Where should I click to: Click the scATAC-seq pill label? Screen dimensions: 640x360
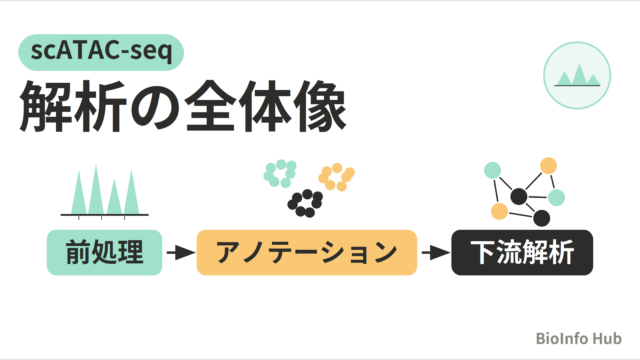(101, 52)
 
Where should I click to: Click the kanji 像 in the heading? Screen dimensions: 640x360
(320, 107)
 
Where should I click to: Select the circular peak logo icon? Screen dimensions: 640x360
(577, 76)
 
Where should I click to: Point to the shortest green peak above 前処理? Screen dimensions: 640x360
(114, 197)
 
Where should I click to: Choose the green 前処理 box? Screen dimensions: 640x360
(104, 252)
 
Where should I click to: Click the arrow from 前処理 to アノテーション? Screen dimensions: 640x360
(181, 253)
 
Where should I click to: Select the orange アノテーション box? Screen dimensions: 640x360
(307, 252)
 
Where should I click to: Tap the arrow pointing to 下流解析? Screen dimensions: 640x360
(436, 253)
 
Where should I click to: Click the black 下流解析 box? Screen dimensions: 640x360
(522, 252)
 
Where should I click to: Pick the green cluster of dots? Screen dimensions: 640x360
(280, 173)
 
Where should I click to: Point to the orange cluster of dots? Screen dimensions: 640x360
(336, 177)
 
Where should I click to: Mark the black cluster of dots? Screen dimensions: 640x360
(305, 203)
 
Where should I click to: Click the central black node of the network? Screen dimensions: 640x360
(518, 197)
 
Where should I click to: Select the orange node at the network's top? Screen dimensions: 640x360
(548, 166)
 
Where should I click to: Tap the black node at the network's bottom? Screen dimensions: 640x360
(541, 218)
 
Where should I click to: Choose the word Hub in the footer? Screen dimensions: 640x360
(607, 338)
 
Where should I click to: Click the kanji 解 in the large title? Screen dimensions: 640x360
(46, 107)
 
